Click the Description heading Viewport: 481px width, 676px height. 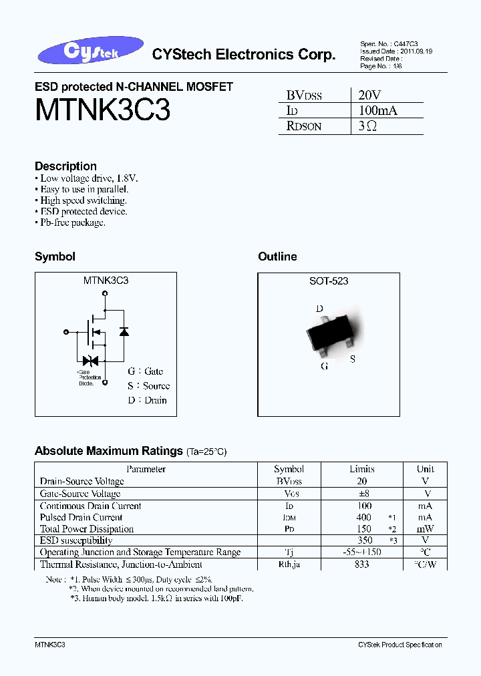tap(65, 166)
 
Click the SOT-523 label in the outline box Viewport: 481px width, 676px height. tap(328, 281)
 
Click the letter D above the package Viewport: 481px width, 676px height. tap(320, 309)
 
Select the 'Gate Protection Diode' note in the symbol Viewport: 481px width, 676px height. tap(86, 377)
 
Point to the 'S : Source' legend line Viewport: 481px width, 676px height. tap(148, 385)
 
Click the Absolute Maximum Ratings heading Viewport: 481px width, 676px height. tap(108, 451)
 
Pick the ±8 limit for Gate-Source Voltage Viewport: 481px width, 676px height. tap(362, 494)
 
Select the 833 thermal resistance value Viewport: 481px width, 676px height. tap(362, 564)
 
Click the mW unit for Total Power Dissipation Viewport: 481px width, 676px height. tap(425, 529)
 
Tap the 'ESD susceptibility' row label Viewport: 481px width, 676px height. tap(76, 540)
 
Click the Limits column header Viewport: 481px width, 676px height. tap(362, 469)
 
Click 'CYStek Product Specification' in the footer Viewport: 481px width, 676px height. tap(399, 645)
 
